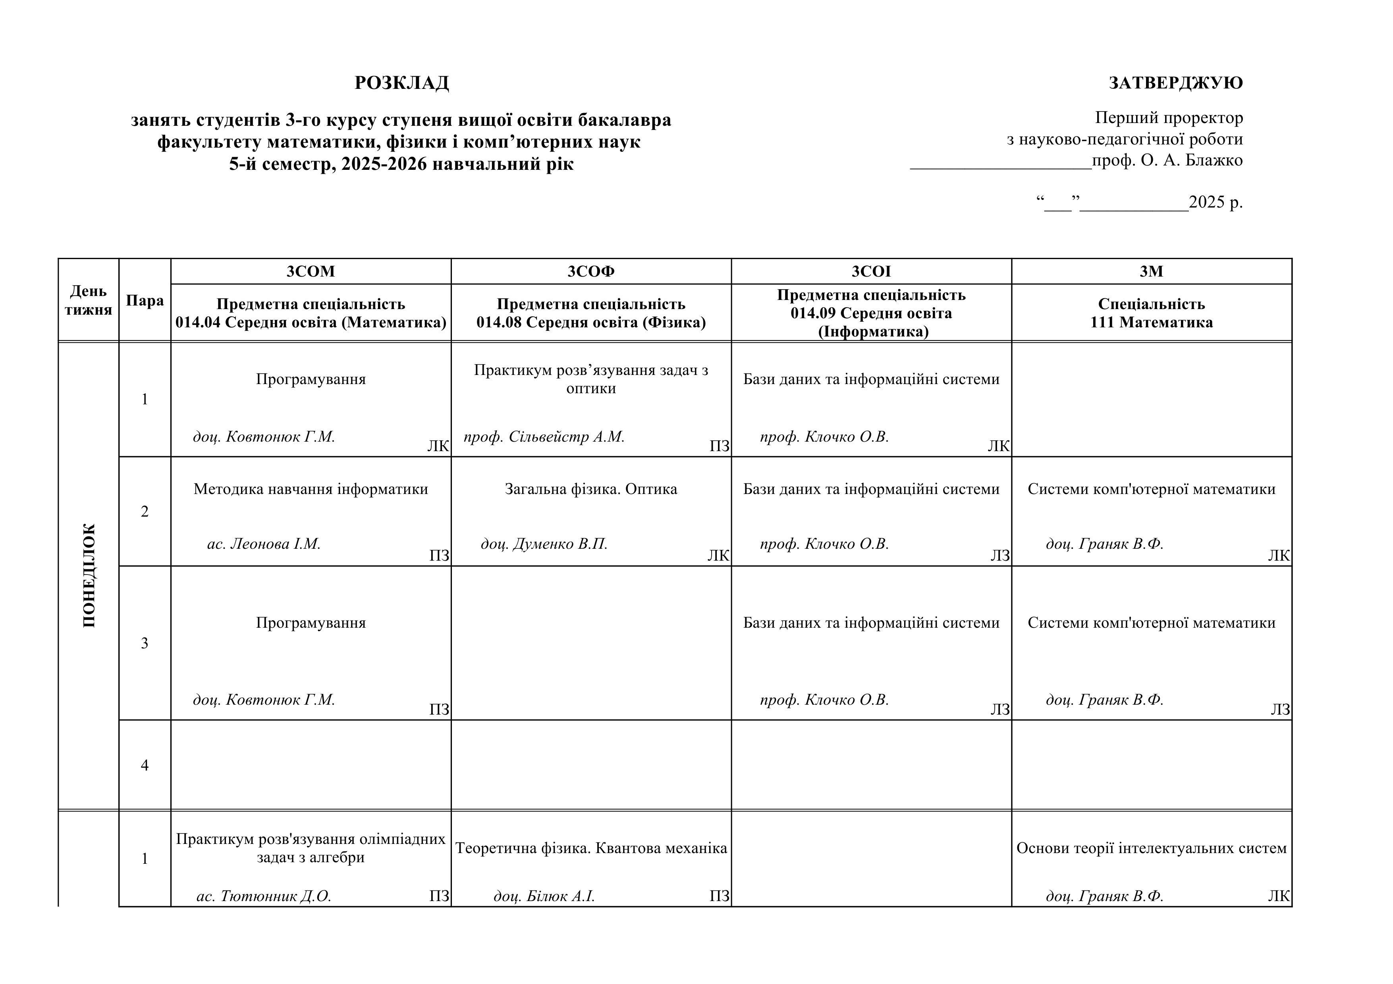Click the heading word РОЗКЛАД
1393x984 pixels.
point(401,83)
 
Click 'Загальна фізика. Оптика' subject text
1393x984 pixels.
point(591,489)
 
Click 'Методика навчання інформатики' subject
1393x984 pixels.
point(311,489)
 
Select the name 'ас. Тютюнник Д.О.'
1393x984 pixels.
point(264,896)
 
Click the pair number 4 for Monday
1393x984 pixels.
point(145,765)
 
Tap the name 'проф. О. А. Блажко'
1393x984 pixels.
point(1167,161)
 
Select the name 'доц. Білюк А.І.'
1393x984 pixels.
point(544,896)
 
